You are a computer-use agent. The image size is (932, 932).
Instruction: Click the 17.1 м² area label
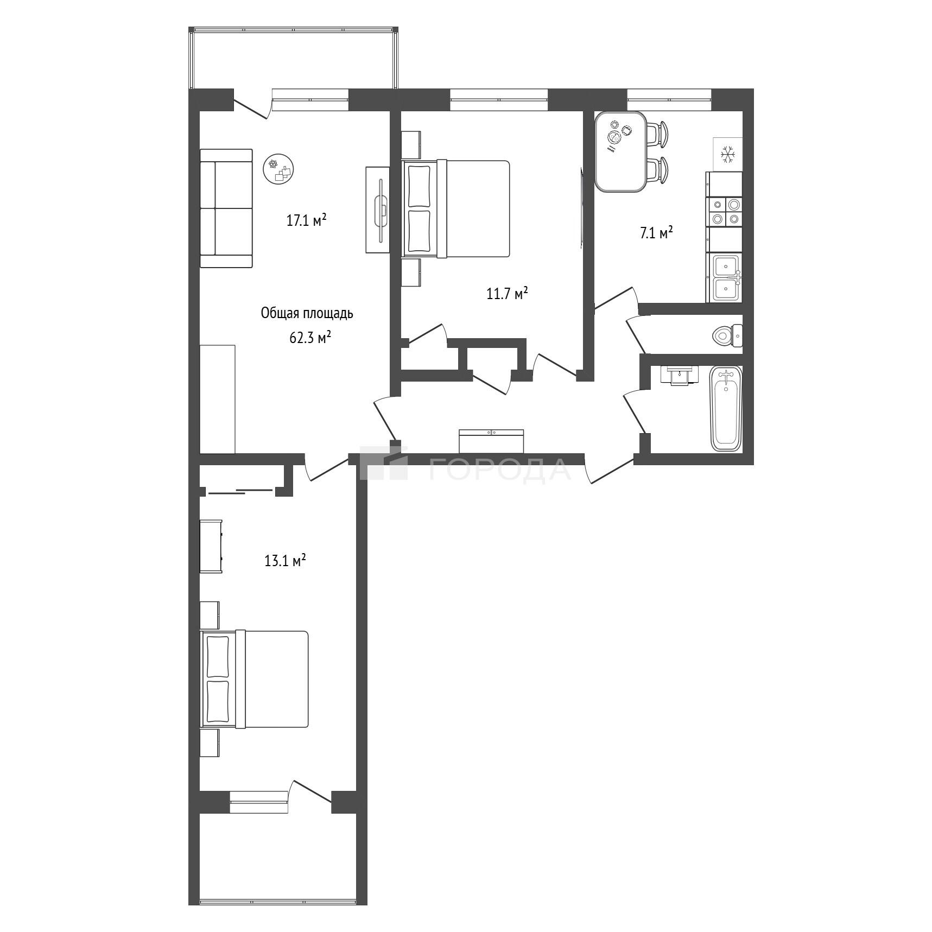(x=306, y=220)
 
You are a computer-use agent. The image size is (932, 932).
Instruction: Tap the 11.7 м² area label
(x=507, y=294)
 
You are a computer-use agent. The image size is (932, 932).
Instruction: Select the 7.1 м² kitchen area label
(x=656, y=233)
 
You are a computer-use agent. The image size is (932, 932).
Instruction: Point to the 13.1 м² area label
(x=285, y=560)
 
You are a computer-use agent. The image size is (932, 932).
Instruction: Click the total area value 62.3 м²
(x=310, y=338)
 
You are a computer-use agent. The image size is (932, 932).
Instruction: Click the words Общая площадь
(x=307, y=313)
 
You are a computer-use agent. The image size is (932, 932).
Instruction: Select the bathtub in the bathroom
(x=726, y=409)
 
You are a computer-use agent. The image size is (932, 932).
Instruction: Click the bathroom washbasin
(x=679, y=375)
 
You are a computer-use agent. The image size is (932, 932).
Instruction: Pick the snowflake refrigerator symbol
(x=727, y=155)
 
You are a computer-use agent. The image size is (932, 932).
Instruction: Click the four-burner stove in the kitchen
(x=724, y=211)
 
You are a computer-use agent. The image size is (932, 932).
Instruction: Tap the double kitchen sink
(x=725, y=277)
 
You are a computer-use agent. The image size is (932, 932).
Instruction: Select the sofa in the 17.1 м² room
(x=226, y=208)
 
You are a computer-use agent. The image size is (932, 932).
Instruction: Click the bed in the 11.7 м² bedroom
(x=455, y=208)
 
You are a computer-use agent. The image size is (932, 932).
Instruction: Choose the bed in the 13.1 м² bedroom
(x=255, y=679)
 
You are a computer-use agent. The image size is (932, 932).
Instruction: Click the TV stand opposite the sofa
(x=378, y=210)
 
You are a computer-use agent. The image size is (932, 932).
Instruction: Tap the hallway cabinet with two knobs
(x=491, y=441)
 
